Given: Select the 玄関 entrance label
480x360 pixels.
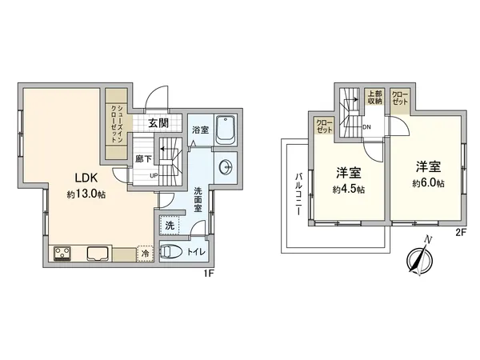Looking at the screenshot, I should pos(158,123).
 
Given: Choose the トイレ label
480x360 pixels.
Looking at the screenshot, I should pos(196,252).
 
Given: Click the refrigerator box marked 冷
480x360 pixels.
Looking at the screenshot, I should pos(146,253).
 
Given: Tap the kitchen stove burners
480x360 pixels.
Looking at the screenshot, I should pos(62,254).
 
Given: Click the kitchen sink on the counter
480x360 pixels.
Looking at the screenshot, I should pos(98,254).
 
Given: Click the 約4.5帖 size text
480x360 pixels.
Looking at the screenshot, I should pos(350,190).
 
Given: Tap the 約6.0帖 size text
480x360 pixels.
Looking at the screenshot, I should pos(428,183).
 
